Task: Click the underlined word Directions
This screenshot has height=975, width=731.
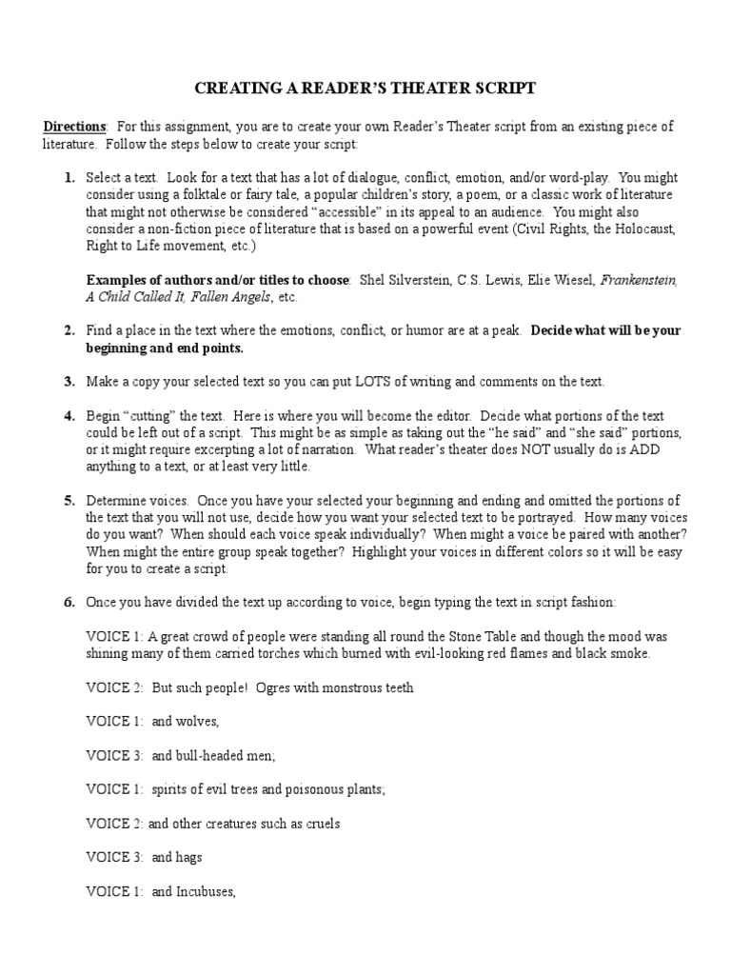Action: click(x=75, y=127)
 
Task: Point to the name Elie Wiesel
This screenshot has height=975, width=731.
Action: click(x=562, y=280)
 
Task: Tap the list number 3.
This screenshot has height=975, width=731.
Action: click(x=69, y=382)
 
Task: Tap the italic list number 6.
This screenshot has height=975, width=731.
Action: click(x=69, y=603)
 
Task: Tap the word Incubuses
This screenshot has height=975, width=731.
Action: click(x=202, y=891)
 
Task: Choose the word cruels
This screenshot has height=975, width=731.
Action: click(x=319, y=824)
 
